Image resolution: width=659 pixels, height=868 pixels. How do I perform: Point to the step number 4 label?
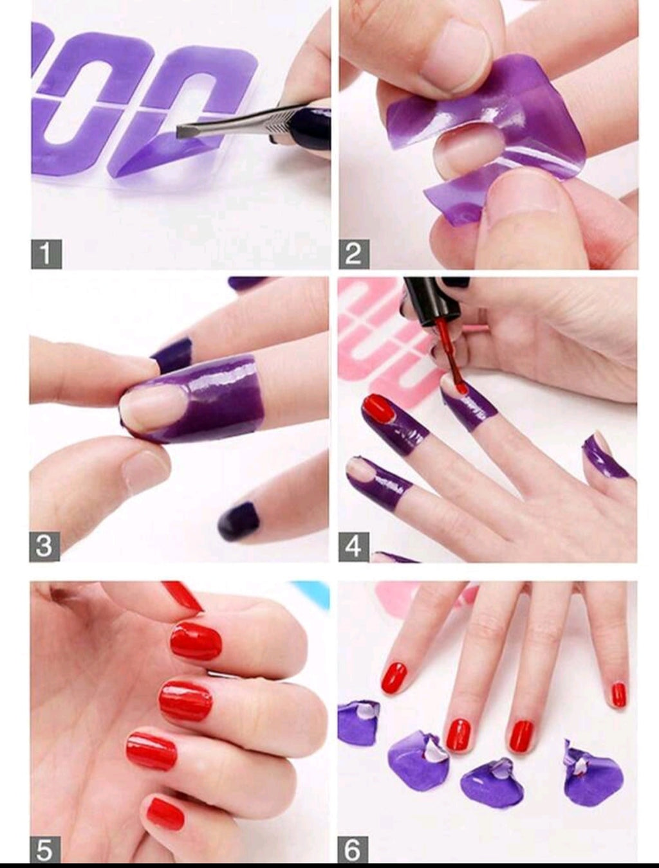tap(353, 546)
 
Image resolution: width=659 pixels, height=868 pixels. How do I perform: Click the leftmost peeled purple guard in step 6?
tap(358, 721)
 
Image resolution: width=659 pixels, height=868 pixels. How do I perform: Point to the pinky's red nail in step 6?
tap(618, 695)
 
